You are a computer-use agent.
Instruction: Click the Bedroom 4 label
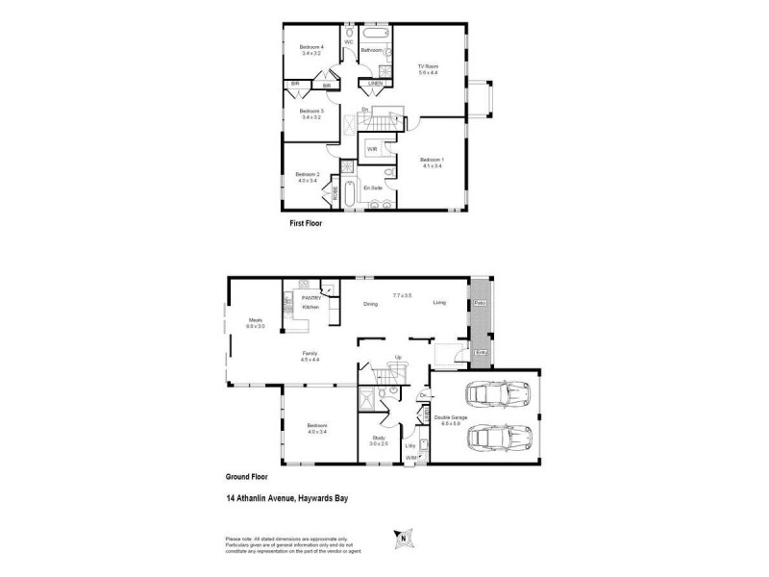310,47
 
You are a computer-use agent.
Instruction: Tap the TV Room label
428,65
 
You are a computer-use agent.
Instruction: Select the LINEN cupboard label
376,84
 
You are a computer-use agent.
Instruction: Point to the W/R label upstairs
371,150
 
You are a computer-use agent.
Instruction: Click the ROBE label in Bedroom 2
335,195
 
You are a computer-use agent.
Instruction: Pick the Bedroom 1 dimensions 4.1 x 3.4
432,166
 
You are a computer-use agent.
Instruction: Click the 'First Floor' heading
306,223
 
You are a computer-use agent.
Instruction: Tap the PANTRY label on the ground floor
310,298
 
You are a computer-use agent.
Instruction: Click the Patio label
479,304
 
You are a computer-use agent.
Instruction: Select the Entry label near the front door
482,353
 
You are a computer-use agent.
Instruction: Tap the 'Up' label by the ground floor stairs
399,358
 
